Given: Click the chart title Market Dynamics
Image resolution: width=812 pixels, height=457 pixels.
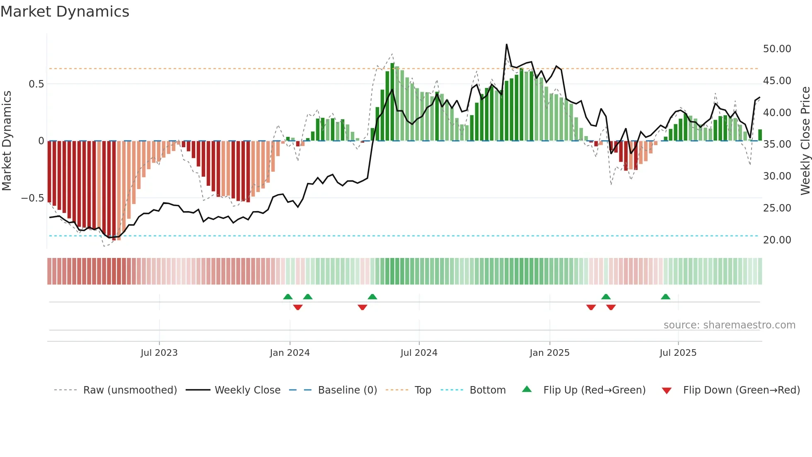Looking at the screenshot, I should point(65,12).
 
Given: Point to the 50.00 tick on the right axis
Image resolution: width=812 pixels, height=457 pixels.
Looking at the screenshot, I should point(777,49).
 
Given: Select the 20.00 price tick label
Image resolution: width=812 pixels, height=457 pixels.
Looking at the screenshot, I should point(777,240).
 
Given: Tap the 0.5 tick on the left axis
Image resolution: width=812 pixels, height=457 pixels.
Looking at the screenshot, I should point(36,84).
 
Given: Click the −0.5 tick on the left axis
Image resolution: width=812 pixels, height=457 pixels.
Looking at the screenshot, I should point(32,198).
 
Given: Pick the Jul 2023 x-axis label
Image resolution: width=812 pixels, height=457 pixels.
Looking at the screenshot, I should point(159,353).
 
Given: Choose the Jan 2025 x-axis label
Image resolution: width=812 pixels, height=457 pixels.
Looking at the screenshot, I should point(549,353).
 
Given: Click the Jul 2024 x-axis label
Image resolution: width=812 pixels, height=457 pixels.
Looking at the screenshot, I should point(419,353).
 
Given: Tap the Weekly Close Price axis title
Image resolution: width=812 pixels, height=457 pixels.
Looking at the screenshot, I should point(805,141).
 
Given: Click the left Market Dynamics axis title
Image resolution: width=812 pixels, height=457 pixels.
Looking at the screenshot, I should point(7,141).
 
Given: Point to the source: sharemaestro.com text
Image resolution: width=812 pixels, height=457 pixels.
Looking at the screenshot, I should point(729,325).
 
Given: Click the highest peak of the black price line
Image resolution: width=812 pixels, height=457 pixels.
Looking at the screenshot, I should point(506,45).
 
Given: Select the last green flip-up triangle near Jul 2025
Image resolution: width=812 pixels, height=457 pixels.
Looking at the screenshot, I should point(665,297).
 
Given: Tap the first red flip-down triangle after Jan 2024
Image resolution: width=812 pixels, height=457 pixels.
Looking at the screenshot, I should point(297,307).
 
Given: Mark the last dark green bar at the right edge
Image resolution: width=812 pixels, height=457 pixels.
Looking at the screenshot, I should point(760,135).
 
